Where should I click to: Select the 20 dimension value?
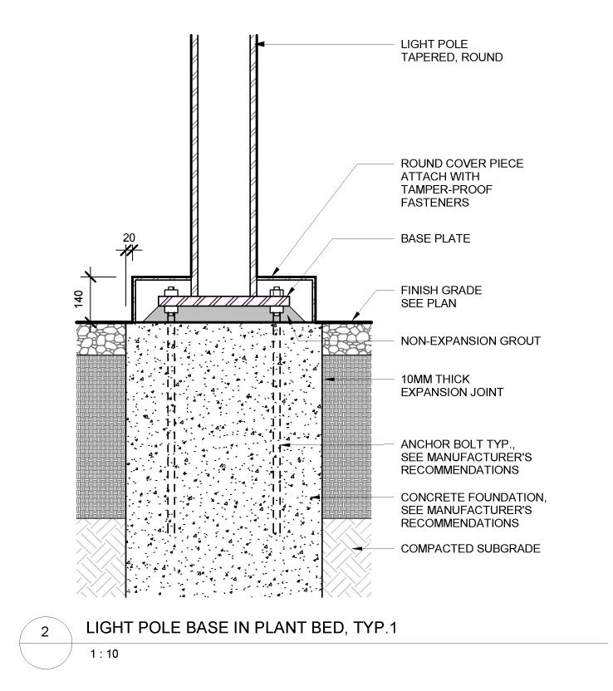(128, 238)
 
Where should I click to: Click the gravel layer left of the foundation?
(100, 337)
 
